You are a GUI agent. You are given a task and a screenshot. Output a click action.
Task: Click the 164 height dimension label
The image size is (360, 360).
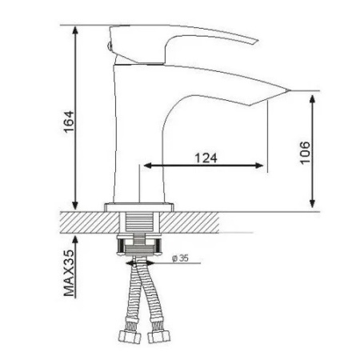69,122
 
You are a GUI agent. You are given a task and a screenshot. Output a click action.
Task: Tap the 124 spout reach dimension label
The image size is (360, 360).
206,158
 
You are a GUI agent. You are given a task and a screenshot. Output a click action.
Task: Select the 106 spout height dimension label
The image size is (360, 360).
305,153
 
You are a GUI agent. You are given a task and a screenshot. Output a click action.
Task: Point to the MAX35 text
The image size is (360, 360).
69,273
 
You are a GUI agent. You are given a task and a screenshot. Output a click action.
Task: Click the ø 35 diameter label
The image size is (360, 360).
180,258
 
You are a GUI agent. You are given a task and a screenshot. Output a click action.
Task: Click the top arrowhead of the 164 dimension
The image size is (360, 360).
75,30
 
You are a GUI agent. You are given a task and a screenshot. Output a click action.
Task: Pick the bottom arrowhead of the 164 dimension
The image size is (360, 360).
75,206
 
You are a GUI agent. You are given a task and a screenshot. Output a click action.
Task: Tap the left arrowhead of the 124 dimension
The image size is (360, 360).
148,166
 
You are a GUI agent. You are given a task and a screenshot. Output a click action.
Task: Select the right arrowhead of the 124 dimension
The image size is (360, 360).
259,166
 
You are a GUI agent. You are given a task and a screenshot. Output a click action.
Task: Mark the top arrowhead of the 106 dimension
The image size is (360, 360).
313,99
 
